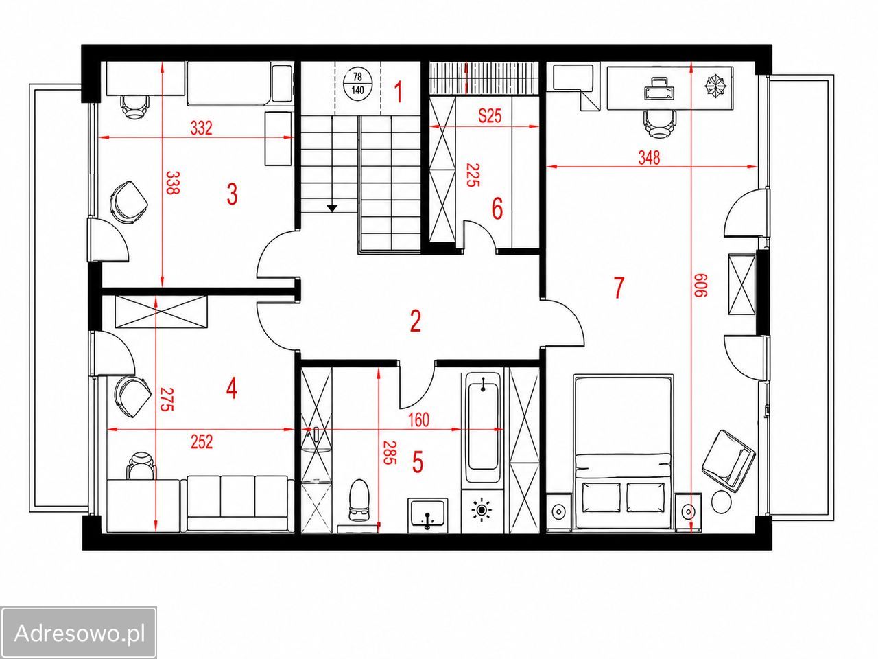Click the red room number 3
pos(232,194)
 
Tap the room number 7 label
pos(619,288)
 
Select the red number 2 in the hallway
pos(416,321)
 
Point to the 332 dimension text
pos(201,128)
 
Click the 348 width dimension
pos(649,158)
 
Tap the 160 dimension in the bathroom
pos(418,419)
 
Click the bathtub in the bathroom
pos(483,426)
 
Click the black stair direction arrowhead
pos(332,208)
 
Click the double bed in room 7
pos(624,452)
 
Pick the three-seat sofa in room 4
pos(237,503)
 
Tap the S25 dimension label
pos(490,116)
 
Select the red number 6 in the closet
pos(497,209)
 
